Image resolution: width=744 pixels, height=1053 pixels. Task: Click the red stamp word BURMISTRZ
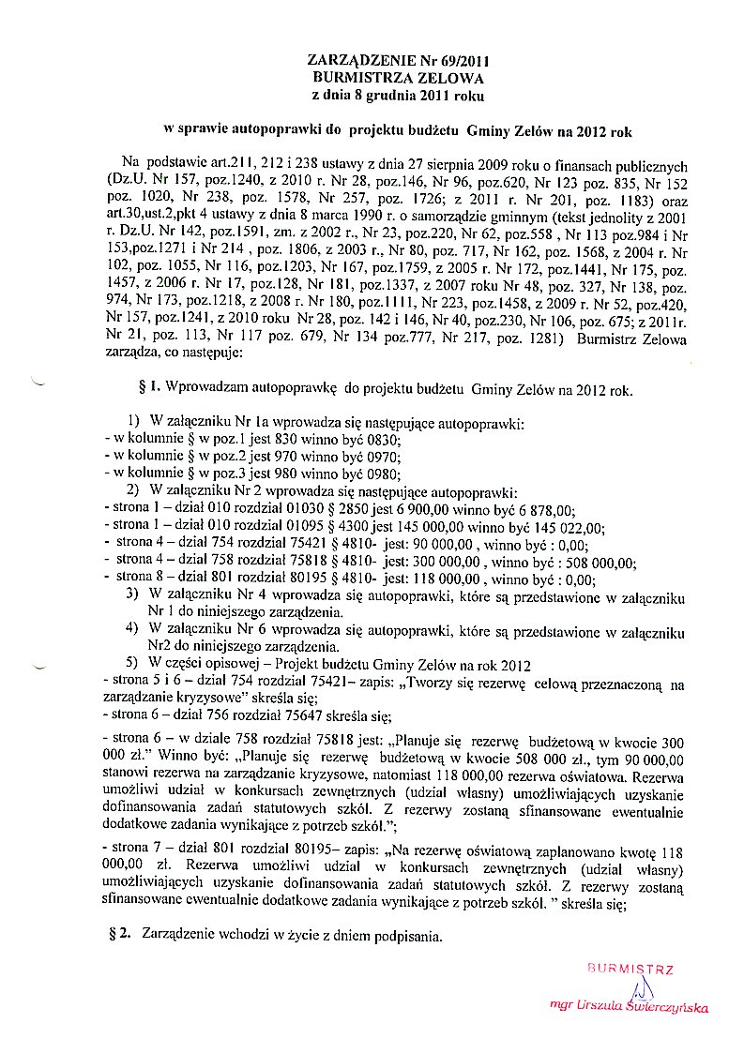tap(630, 967)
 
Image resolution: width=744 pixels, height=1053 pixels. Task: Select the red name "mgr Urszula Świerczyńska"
tap(630, 1007)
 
